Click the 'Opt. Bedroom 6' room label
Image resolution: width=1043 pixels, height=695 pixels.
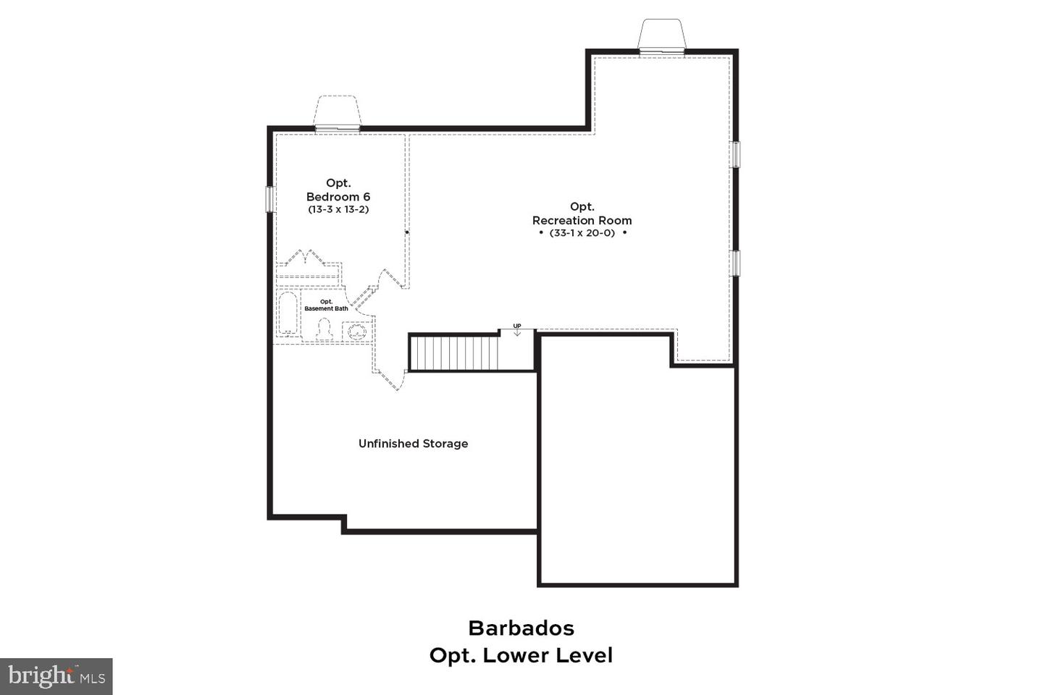tap(338, 190)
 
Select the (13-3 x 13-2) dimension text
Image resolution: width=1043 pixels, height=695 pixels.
tap(338, 209)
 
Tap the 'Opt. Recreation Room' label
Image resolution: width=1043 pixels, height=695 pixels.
tap(582, 214)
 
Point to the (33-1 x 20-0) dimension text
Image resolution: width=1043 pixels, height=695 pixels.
tap(582, 233)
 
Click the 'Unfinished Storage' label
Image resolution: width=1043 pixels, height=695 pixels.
tap(413, 443)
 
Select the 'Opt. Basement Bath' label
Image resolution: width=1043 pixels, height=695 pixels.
tap(326, 305)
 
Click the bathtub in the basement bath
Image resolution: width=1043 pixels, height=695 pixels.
tap(288, 313)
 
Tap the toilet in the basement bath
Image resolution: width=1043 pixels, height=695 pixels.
tap(324, 330)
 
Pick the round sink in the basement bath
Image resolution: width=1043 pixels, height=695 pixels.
tap(356, 332)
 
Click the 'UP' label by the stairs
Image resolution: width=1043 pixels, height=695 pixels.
tap(517, 327)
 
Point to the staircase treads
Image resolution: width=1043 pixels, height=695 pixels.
tap(455, 353)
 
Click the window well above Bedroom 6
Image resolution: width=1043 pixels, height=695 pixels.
tap(337, 114)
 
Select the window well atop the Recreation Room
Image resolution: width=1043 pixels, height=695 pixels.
tap(661, 35)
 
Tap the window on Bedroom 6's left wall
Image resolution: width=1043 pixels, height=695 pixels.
tap(269, 199)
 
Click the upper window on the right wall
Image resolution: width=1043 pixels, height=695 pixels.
tap(736, 154)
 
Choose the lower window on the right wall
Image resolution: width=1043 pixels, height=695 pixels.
tap(736, 263)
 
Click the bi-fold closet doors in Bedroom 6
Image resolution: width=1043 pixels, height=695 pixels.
tap(307, 258)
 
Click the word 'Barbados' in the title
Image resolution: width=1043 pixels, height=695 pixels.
tap(521, 628)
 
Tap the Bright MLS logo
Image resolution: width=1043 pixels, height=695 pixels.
tap(56, 676)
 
